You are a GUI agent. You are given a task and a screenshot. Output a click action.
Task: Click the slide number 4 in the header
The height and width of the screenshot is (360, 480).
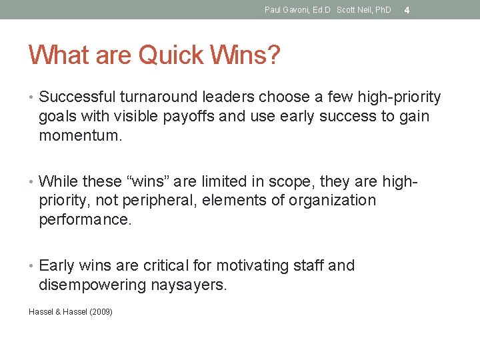(x=407, y=10)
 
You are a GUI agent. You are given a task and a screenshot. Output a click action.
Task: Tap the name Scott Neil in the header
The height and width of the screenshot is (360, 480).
(x=355, y=10)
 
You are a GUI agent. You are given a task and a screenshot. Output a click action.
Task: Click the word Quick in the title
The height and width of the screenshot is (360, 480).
(x=169, y=55)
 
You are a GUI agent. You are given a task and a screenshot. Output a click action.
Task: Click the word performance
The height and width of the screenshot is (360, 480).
(x=85, y=220)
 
